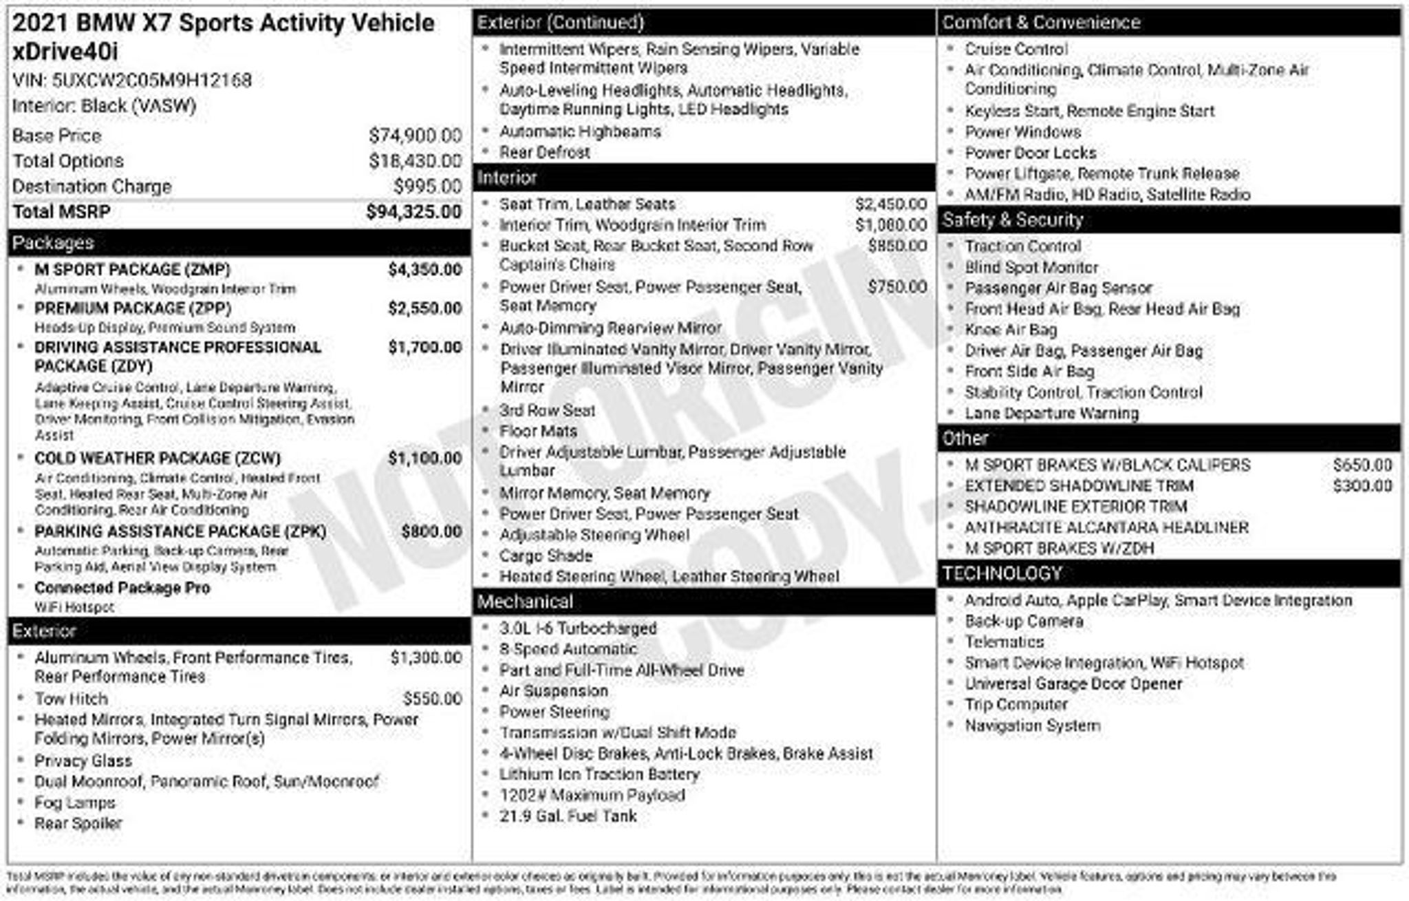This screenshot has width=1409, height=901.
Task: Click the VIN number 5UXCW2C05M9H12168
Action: pos(151,81)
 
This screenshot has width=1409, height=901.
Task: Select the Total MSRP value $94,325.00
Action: pos(413,211)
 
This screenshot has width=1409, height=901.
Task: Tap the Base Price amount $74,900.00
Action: pos(415,136)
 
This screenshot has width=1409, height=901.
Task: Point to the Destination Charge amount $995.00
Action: pos(427,187)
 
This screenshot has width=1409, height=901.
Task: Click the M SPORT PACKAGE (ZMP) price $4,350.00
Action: pos(424,269)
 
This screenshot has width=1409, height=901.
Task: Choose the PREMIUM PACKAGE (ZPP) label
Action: pos(133,308)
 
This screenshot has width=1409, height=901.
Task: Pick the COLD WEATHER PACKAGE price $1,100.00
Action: pos(424,458)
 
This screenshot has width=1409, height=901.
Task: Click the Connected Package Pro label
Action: pos(122,588)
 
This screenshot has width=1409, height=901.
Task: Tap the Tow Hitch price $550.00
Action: pos(432,699)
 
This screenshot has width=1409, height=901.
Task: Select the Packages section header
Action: pos(54,243)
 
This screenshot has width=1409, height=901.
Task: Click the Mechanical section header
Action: pos(525,602)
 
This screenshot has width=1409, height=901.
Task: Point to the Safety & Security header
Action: pos(1012,220)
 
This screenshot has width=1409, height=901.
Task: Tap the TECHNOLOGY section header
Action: pos(1002,573)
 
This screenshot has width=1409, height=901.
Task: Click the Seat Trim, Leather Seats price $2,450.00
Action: pos(891,204)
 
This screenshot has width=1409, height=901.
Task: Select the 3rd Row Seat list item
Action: pos(547,410)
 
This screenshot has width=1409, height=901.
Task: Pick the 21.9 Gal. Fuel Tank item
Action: pos(568,816)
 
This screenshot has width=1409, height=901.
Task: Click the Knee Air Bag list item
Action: pos(1011,330)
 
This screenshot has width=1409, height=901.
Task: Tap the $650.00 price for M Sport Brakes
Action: pos(1362,465)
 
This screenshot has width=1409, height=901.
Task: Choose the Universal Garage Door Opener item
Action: pos(1073,683)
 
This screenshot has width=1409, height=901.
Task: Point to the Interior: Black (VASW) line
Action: pos(104,106)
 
